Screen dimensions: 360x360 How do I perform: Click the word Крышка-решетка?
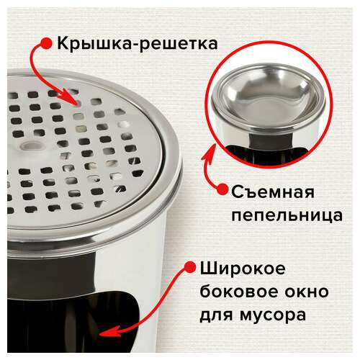pyautogui.click(x=138, y=43)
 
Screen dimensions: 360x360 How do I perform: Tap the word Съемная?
pyautogui.click(x=273, y=192)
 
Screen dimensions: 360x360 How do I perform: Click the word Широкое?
pyautogui.click(x=243, y=269)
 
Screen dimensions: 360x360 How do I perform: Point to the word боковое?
pyautogui.click(x=239, y=292)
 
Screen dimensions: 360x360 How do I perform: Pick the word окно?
pyautogui.click(x=307, y=292)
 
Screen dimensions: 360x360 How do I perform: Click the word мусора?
pyautogui.click(x=273, y=315)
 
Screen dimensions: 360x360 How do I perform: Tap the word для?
pyautogui.click(x=216, y=315)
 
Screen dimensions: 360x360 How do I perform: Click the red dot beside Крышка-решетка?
pyautogui.click(x=46, y=43)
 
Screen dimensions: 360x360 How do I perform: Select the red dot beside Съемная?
pyautogui.click(x=222, y=189)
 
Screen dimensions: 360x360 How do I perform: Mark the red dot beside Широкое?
pyautogui.click(x=190, y=267)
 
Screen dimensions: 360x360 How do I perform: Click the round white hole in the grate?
pyautogui.click(x=32, y=145)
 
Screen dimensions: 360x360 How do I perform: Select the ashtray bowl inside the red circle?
pyautogui.click(x=269, y=95)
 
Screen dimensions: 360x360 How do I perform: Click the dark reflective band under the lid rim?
pyautogui.click(x=50, y=274)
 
